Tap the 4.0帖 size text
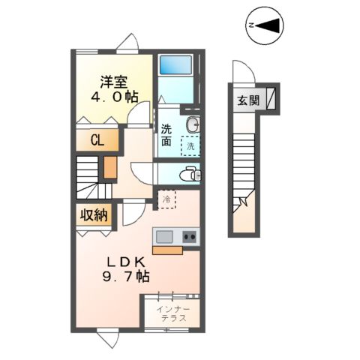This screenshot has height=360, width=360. pos(114,97)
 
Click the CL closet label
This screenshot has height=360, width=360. pos(96,140)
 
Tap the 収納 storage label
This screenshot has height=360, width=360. pos(94,215)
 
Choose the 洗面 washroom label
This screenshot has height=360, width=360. pos(166,133)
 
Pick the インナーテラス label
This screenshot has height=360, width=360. pos(173,313)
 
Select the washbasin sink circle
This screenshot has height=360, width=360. pos(193,124)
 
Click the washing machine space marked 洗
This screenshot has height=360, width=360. pos(190,146)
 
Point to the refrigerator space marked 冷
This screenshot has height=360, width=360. pos(166,200)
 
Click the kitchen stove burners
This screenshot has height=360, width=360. pos(187,237)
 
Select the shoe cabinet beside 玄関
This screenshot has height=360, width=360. pos(271,97)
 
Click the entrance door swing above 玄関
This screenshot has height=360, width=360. pos(240,72)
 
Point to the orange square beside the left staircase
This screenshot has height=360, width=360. pos(109,166)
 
